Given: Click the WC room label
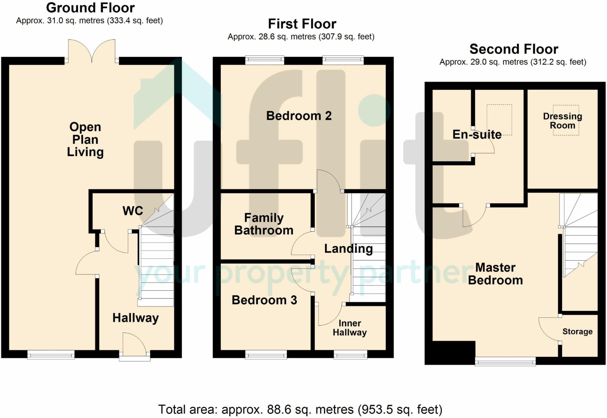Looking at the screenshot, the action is [133, 211].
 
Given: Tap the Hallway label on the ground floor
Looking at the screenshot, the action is [135, 318].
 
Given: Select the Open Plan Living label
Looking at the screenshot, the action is [85, 139].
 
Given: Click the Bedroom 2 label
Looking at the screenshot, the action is [299, 115].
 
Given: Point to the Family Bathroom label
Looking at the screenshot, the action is [264, 224].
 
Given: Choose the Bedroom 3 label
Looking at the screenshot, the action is [264, 300].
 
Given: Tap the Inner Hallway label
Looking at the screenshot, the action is [350, 328].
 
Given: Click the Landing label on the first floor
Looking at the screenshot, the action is [349, 249].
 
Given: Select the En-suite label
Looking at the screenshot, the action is [477, 134].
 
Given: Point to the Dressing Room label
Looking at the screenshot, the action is [563, 121].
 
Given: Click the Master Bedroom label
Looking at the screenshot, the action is [496, 274].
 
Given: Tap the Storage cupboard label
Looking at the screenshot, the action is [577, 332].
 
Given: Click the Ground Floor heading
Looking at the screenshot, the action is [90, 8].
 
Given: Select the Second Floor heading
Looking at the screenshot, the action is [514, 49].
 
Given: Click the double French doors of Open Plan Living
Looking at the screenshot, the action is [92, 51].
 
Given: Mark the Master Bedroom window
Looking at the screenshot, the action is [505, 361].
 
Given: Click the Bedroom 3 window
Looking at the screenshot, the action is [266, 354].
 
